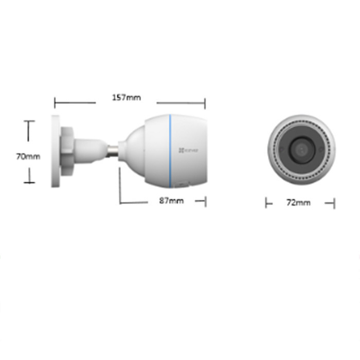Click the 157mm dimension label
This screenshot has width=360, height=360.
[x=127, y=98]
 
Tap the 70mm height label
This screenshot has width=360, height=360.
[x=28, y=156]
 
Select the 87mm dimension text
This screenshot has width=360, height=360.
[x=171, y=201]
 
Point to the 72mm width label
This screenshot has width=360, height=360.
[x=298, y=203]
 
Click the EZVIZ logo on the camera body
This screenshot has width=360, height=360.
[x=188, y=150]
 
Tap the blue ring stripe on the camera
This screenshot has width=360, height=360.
[x=170, y=151]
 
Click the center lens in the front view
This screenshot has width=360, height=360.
[x=301, y=150]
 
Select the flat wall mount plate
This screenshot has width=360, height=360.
[x=56, y=151]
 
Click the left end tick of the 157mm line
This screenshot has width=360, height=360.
[x=55, y=103]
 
